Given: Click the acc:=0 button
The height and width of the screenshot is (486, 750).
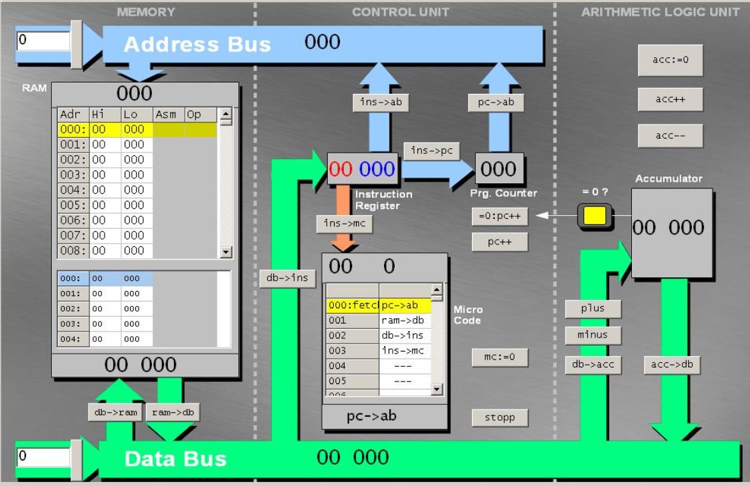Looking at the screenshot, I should point(670,60).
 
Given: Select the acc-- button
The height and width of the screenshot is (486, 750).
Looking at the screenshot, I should point(670,135).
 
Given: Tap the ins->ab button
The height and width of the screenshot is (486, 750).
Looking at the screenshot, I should point(380,102).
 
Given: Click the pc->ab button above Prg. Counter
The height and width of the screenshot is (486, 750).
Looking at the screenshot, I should point(496,103).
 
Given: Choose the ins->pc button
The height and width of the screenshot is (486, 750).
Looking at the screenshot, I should point(431,151).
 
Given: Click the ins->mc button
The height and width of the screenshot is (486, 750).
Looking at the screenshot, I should point(344,224).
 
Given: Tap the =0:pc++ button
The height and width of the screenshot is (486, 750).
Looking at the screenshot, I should point(499,216).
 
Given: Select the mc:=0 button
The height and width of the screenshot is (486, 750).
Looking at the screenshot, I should point(499,358).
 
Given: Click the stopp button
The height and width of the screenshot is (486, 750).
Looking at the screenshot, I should point(499,417).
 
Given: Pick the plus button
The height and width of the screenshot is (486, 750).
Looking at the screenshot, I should point(593,308).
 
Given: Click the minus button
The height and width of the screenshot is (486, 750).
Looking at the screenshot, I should point(593,334).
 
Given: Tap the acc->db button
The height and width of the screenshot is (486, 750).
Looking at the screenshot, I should point(672,364).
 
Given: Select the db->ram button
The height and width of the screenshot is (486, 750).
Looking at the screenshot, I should point(115,412).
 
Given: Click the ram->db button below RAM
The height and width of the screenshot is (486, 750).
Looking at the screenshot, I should point(172,412).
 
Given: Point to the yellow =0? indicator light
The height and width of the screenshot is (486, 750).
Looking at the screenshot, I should point(594,216).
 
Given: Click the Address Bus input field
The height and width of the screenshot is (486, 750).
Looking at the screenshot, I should point(43,41).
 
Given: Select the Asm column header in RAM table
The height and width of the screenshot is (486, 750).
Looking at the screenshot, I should point(169,115).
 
